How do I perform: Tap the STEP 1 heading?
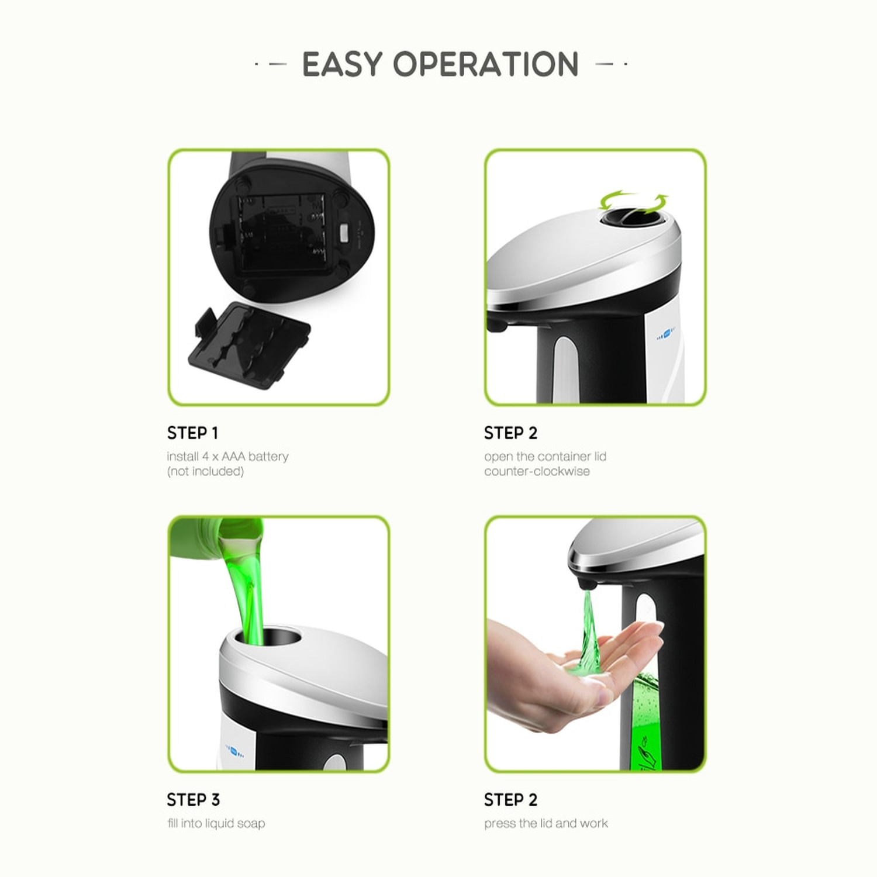[192, 433]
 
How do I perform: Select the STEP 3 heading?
[193, 799]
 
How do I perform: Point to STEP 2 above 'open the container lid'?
[510, 433]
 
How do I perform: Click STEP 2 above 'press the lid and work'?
[510, 799]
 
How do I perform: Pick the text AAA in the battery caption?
[233, 457]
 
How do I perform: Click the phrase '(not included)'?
[205, 471]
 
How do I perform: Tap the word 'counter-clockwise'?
[537, 471]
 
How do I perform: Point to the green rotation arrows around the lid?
[634, 202]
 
